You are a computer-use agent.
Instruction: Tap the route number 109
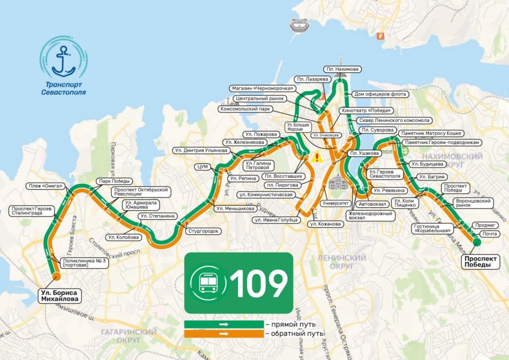[x=259, y=283]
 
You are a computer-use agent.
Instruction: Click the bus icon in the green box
[x=207, y=283]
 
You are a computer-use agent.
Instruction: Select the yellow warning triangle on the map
[x=318, y=157]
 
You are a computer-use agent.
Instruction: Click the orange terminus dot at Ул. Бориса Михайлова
[x=56, y=276]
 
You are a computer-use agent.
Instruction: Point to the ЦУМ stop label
[x=202, y=167]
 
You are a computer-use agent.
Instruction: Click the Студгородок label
[x=204, y=231]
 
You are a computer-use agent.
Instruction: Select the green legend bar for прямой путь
[x=223, y=324]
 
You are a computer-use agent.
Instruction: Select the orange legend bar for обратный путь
[x=223, y=334]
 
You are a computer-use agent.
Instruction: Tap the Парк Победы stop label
[x=115, y=181]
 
